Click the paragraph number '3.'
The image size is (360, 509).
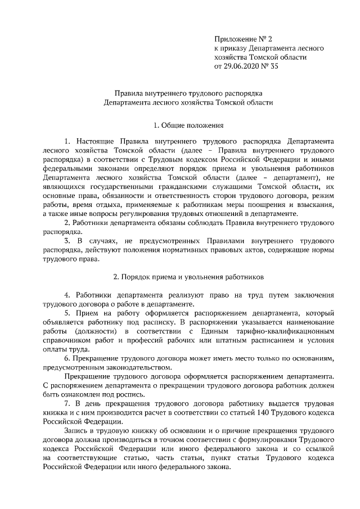(x=68, y=241)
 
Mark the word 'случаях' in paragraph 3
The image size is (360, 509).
(x=105, y=241)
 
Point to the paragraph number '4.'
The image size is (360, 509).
(x=67, y=295)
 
